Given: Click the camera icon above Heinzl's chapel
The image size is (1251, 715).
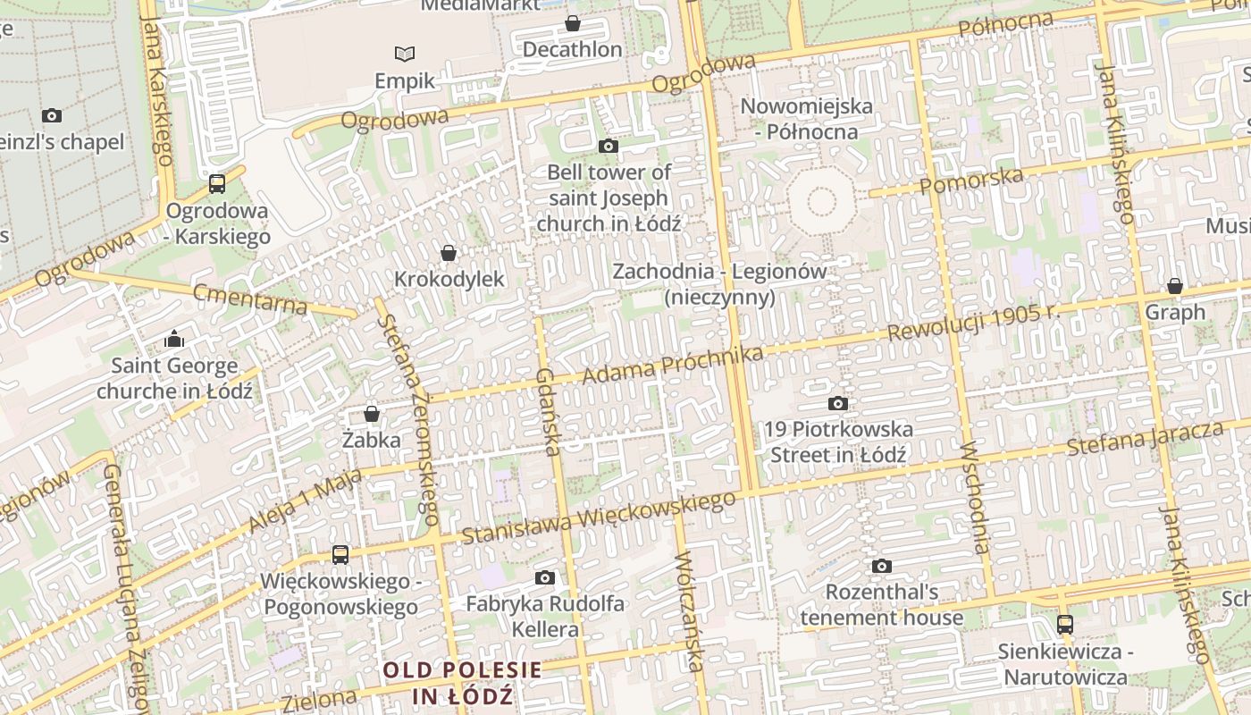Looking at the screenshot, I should point(52,115).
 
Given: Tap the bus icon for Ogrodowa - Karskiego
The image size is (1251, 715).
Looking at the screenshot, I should point(217,184).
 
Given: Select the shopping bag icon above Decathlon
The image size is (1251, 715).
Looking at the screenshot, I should point(572,23).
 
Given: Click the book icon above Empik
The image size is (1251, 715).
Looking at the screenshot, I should point(405,54).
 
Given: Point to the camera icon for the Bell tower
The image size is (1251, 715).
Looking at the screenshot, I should point(608,146).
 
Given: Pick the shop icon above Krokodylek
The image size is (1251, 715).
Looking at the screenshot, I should point(449,253).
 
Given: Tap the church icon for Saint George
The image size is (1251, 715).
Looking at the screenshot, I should point(174,339).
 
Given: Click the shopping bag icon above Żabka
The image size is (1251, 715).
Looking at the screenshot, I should point(372,414).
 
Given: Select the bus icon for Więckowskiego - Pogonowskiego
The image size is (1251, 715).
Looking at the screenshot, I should point(340,554).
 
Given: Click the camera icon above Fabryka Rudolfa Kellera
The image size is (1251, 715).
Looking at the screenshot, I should point(545,577).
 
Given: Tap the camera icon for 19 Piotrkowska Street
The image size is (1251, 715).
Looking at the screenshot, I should point(838,403).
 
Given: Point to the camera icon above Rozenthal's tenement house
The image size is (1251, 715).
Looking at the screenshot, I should point(882,566).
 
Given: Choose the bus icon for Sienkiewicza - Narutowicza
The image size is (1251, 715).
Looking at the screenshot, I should point(1065,624).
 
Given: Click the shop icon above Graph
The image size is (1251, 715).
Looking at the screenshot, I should point(1175,286).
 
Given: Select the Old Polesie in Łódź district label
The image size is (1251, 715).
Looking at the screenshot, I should point(463,683).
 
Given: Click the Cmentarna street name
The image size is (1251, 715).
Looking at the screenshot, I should point(250,299).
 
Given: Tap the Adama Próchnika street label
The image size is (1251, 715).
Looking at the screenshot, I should point(672,366).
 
